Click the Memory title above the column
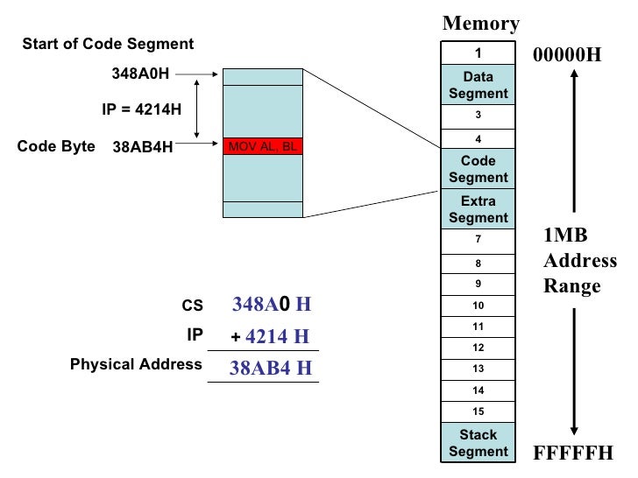[x=480, y=24]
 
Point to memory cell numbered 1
[x=478, y=53]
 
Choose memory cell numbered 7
[x=478, y=240]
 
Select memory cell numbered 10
[x=478, y=306]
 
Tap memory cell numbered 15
[x=478, y=411]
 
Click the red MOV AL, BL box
[x=262, y=147]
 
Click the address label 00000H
[x=568, y=55]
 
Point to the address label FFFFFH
[x=573, y=453]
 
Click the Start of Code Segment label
[x=108, y=44]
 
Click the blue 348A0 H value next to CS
[x=272, y=305]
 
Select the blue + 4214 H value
[x=271, y=337]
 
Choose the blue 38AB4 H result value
[x=270, y=368]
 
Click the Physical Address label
[x=136, y=364]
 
